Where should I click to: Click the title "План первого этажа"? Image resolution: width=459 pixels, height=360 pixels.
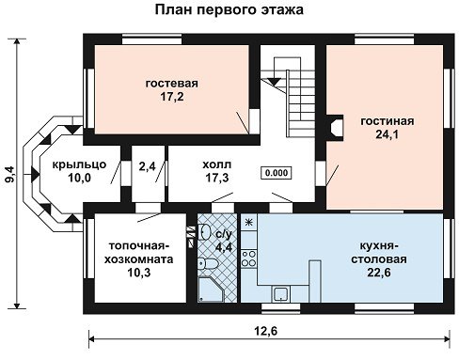(229, 9)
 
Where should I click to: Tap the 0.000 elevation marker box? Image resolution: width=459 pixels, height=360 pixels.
(277, 173)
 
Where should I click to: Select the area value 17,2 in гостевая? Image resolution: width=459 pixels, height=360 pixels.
(172, 97)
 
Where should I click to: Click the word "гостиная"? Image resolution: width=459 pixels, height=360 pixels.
(388, 121)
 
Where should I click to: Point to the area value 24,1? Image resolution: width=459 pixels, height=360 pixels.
(387, 134)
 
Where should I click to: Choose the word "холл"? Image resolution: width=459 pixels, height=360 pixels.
(217, 164)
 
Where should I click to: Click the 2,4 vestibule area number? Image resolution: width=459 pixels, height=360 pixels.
(148, 166)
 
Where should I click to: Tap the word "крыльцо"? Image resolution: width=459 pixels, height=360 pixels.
(79, 164)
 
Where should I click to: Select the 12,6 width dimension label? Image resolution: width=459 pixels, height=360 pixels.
(266, 331)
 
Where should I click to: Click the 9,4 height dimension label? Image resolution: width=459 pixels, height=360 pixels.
(9, 174)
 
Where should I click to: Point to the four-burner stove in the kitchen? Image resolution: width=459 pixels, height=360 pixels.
(249, 258)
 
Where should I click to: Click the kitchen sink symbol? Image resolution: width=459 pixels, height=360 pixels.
(280, 294)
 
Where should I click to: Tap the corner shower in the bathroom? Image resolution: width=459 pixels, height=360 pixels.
(211, 290)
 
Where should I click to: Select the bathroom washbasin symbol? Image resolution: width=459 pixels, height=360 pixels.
(204, 232)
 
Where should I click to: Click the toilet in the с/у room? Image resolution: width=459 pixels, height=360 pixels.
(207, 262)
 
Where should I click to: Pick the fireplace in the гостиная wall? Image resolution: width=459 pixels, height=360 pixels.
(336, 127)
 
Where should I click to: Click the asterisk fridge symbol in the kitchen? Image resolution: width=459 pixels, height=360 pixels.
(249, 223)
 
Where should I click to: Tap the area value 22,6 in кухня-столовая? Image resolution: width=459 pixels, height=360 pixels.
(379, 273)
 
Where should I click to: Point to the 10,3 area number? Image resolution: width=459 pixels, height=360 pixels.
(138, 273)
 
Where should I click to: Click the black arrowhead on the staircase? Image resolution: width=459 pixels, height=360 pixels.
(275, 82)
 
